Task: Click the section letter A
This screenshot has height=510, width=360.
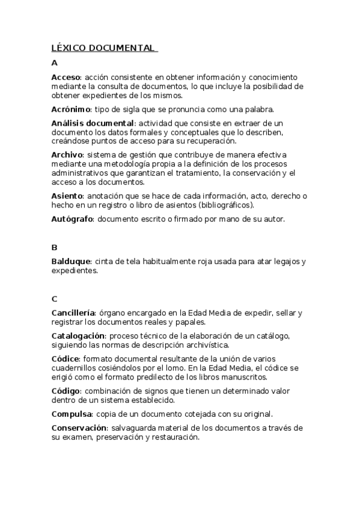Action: click(55, 63)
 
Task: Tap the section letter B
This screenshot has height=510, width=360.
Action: click(55, 247)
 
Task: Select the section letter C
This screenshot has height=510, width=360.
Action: click(55, 298)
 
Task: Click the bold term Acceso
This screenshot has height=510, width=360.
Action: click(66, 78)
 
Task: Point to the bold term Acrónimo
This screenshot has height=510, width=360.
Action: click(71, 109)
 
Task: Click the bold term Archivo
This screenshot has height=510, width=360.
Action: click(67, 155)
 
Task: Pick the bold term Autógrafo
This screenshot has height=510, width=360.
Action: click(72, 219)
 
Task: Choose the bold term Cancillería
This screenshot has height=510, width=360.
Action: click(73, 313)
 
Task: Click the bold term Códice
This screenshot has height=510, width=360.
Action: click(66, 359)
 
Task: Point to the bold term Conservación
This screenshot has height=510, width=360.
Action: click(79, 428)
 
